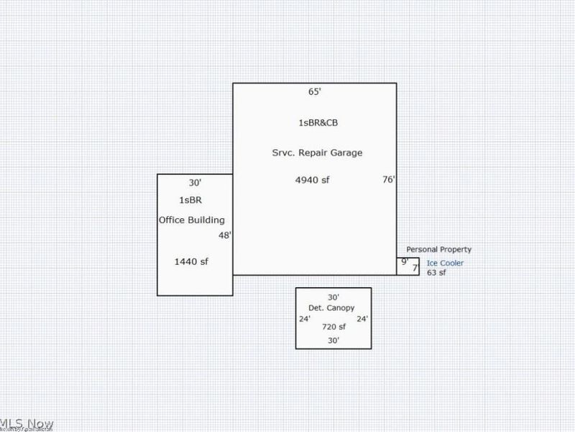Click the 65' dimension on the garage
pos(313,92)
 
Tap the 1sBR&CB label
pos(318,122)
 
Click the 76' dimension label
pos(388,180)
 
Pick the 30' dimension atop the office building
pos(195,183)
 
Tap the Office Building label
pos(192,220)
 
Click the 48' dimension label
pos(224,235)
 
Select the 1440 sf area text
pos(191,261)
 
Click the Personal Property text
pos(439,249)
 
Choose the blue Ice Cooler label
pos(445,263)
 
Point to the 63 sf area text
pos(436,273)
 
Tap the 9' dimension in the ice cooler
pos(404,262)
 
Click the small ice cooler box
pos(408,266)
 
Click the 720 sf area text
pos(333,327)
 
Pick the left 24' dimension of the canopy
pos(304,319)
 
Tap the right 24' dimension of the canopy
pos(362,319)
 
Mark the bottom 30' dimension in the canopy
pos(333,340)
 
